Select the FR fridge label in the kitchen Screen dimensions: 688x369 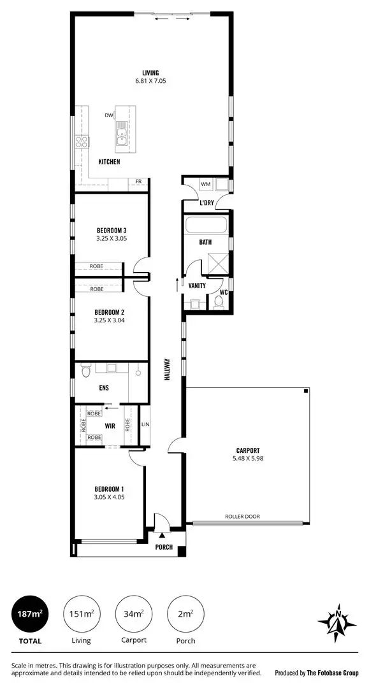138,182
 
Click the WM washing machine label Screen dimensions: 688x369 205,184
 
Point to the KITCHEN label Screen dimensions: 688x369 109,162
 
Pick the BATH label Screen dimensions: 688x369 205,242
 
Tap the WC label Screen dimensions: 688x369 224,292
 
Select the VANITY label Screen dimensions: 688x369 197,286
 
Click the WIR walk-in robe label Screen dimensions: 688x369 110,426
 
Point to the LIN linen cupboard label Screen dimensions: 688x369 145,424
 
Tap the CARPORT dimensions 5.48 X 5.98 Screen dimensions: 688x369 248,458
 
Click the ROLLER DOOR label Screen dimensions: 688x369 242,517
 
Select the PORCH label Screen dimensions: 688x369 164,547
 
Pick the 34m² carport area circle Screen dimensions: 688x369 132,614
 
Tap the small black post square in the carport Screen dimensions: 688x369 307,391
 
